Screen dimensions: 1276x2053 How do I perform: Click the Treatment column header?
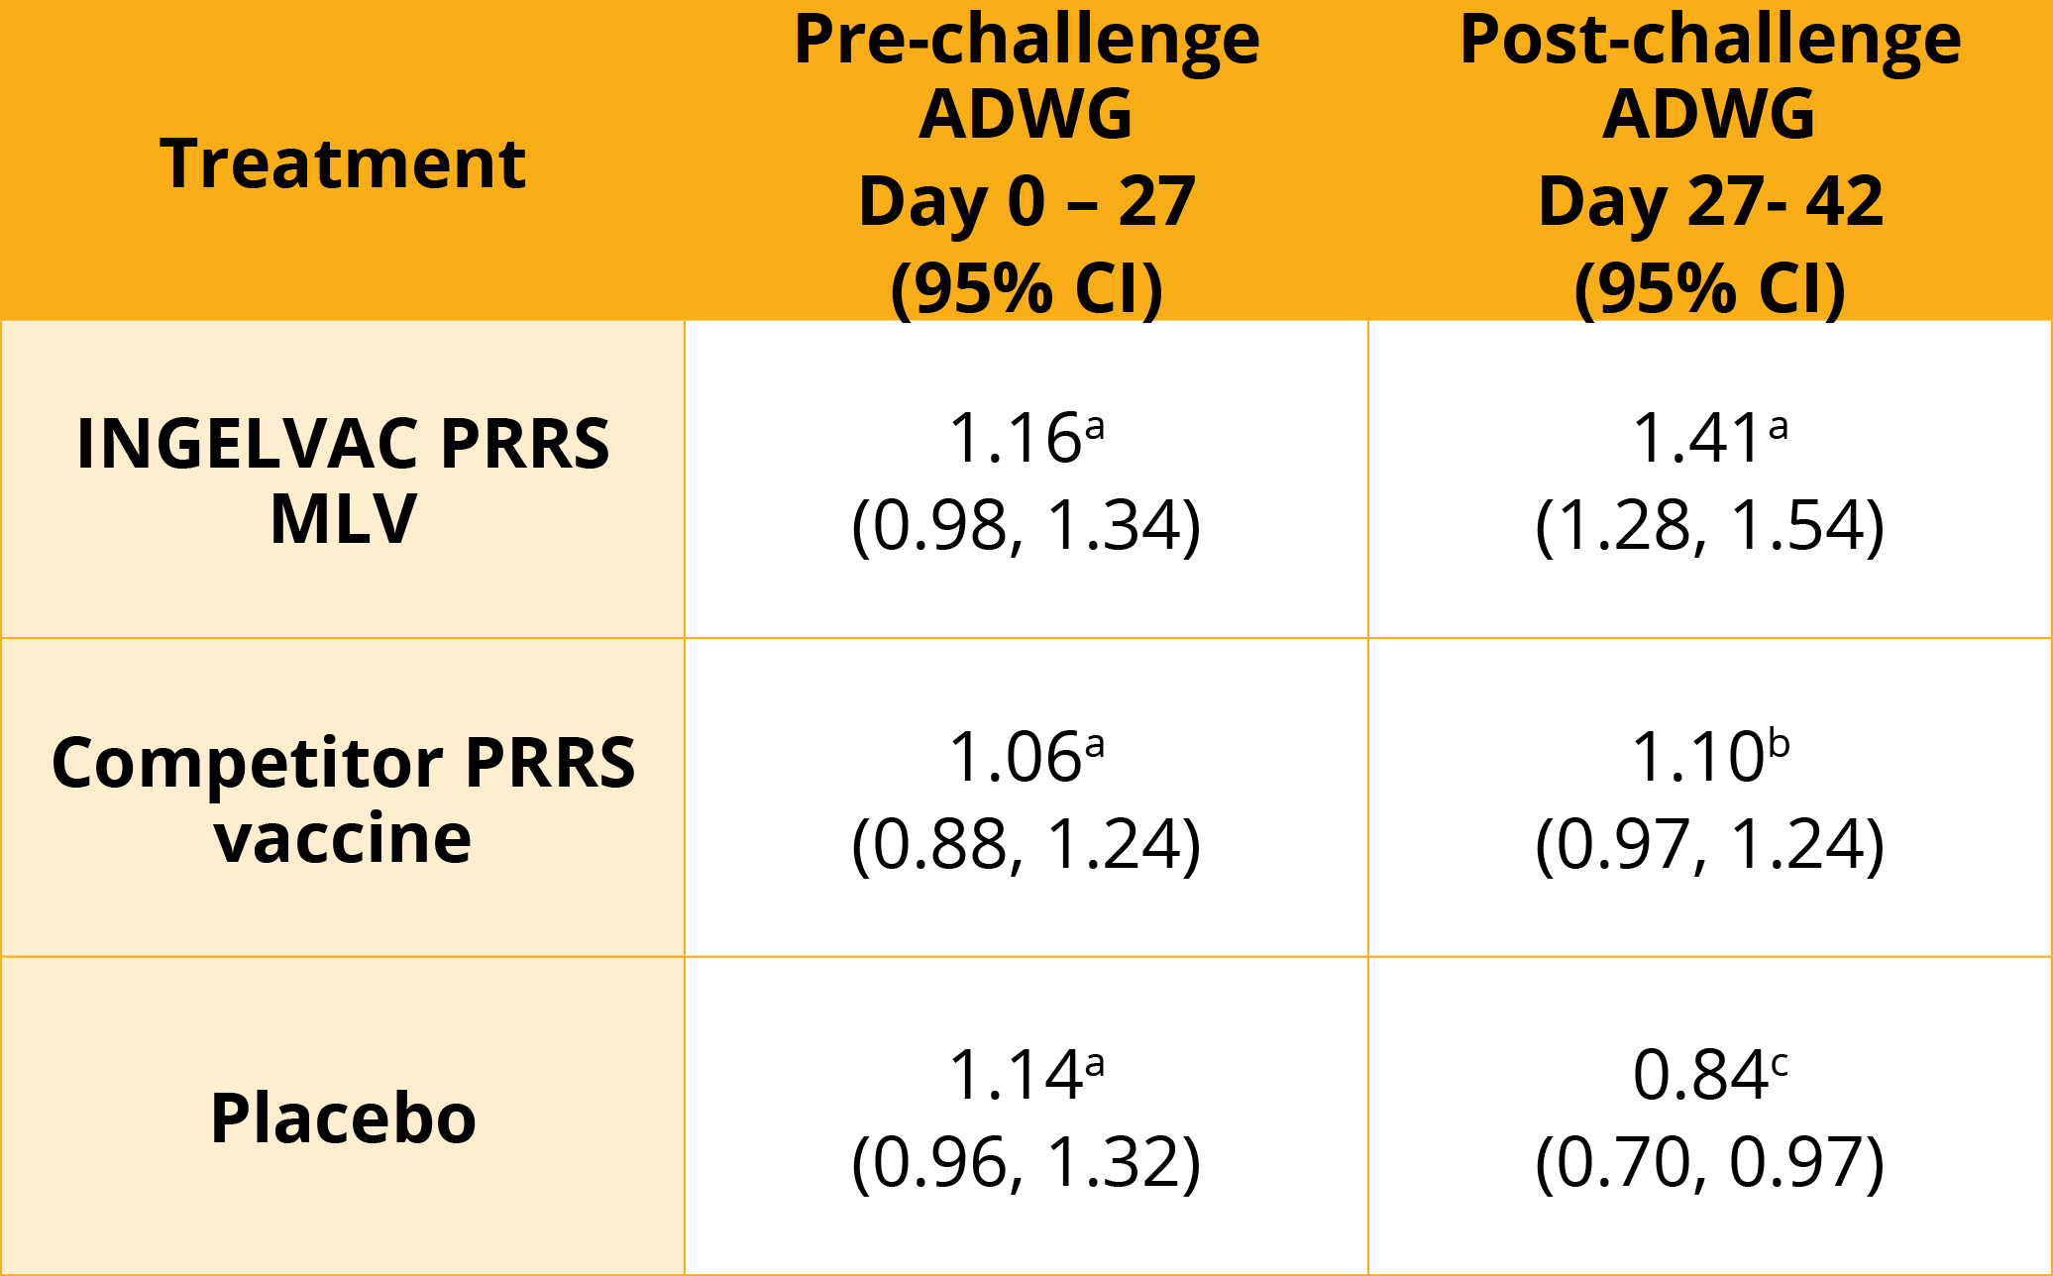pyautogui.click(x=343, y=163)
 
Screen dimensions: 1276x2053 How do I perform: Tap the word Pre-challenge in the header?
pyautogui.click(x=1026, y=42)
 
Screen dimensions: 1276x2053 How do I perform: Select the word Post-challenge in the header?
pyautogui.click(x=1710, y=42)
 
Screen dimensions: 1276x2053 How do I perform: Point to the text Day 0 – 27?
pyautogui.click(x=1026, y=201)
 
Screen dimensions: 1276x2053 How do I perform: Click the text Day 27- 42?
pyautogui.click(x=1710, y=201)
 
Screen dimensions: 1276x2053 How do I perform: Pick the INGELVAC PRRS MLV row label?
pyautogui.click(x=343, y=480)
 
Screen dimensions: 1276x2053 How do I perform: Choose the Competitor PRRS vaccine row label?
pyautogui.click(x=343, y=799)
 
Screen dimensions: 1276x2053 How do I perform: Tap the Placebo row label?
pyautogui.click(x=343, y=1118)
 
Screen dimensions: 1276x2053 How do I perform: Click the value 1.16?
pyautogui.click(x=1015, y=438)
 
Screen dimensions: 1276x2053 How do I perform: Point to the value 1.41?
pyautogui.click(x=1696, y=438)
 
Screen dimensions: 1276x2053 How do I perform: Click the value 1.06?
pyautogui.click(x=1015, y=758)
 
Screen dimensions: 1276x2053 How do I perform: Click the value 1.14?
pyautogui.click(x=1015, y=1076)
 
